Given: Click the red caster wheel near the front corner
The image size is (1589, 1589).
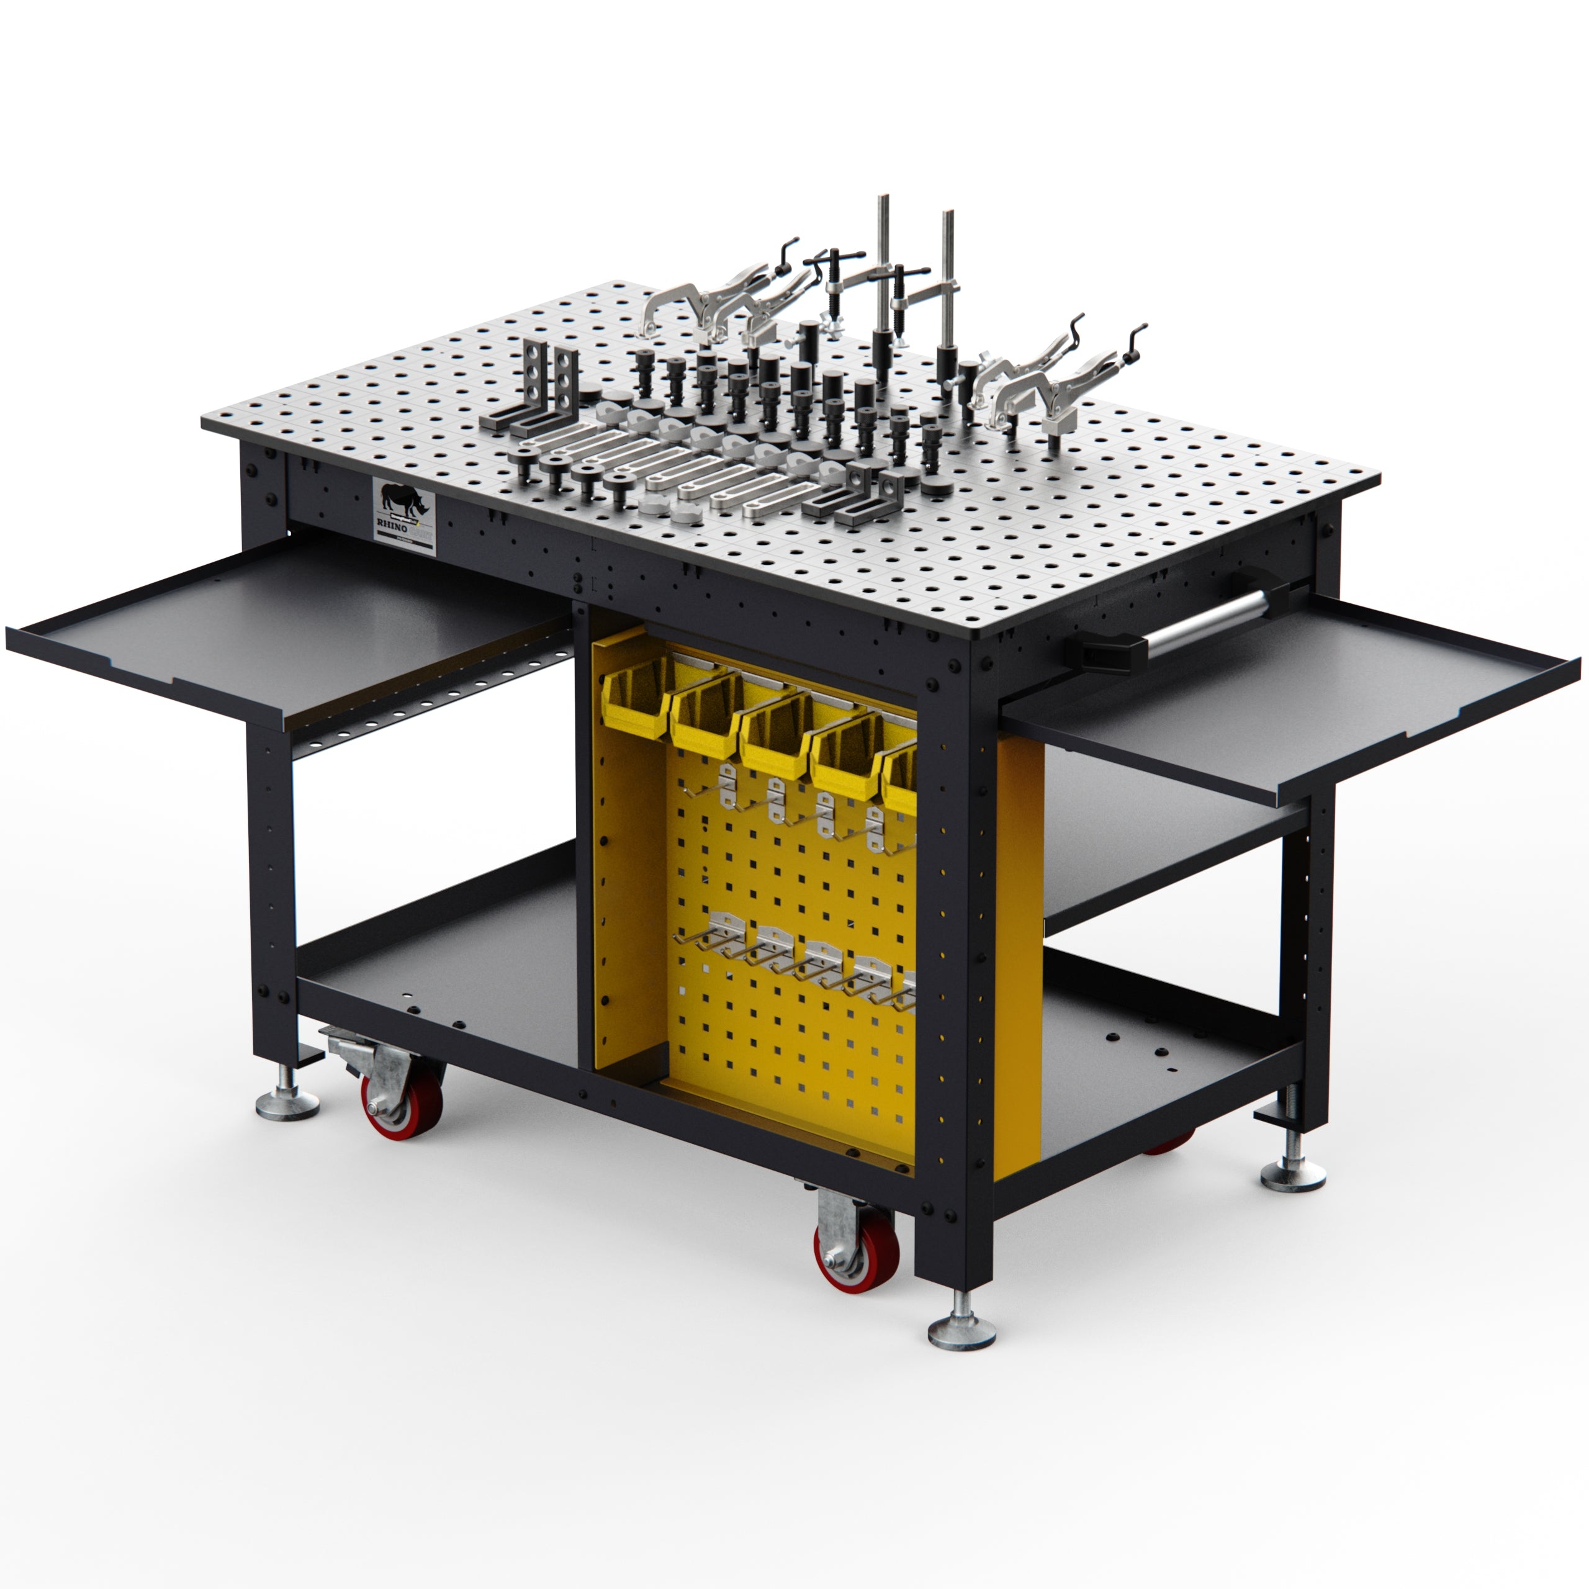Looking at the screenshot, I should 856,1260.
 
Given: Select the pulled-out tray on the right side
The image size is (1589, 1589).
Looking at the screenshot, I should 1291,695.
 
